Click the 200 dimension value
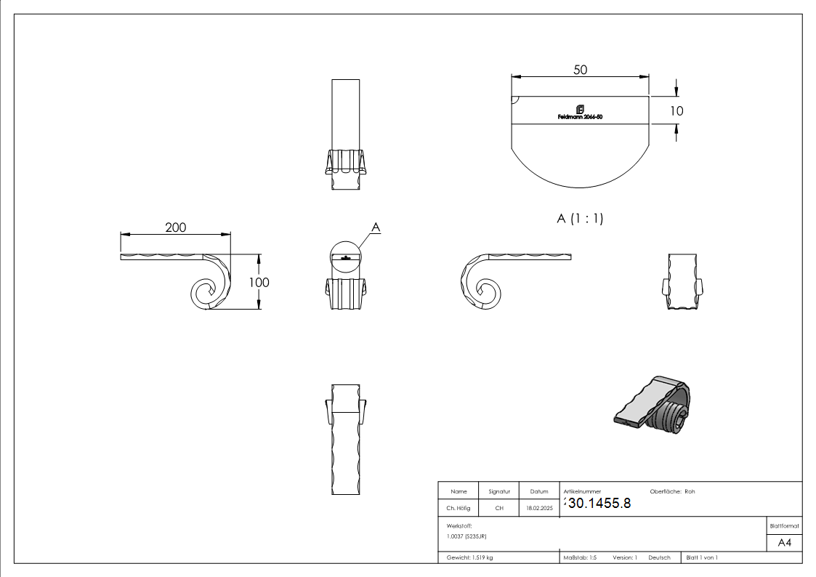pyautogui.click(x=175, y=227)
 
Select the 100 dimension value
pyautogui.click(x=259, y=282)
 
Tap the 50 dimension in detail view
pyautogui.click(x=580, y=70)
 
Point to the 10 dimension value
pyautogui.click(x=676, y=111)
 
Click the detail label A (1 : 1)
pyautogui.click(x=580, y=218)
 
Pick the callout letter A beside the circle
pyautogui.click(x=376, y=227)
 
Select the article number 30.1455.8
pyautogui.click(x=599, y=503)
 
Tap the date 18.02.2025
pyautogui.click(x=539, y=509)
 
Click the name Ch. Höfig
pyautogui.click(x=458, y=509)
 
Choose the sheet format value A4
pyautogui.click(x=785, y=543)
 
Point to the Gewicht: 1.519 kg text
pyautogui.click(x=469, y=557)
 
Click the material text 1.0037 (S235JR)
pyautogui.click(x=466, y=536)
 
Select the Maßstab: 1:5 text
pyautogui.click(x=580, y=557)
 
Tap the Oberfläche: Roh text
pyautogui.click(x=672, y=492)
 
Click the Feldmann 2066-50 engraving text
pyautogui.click(x=579, y=117)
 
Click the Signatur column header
pyautogui.click(x=499, y=492)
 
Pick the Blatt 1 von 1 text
pyautogui.click(x=702, y=557)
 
